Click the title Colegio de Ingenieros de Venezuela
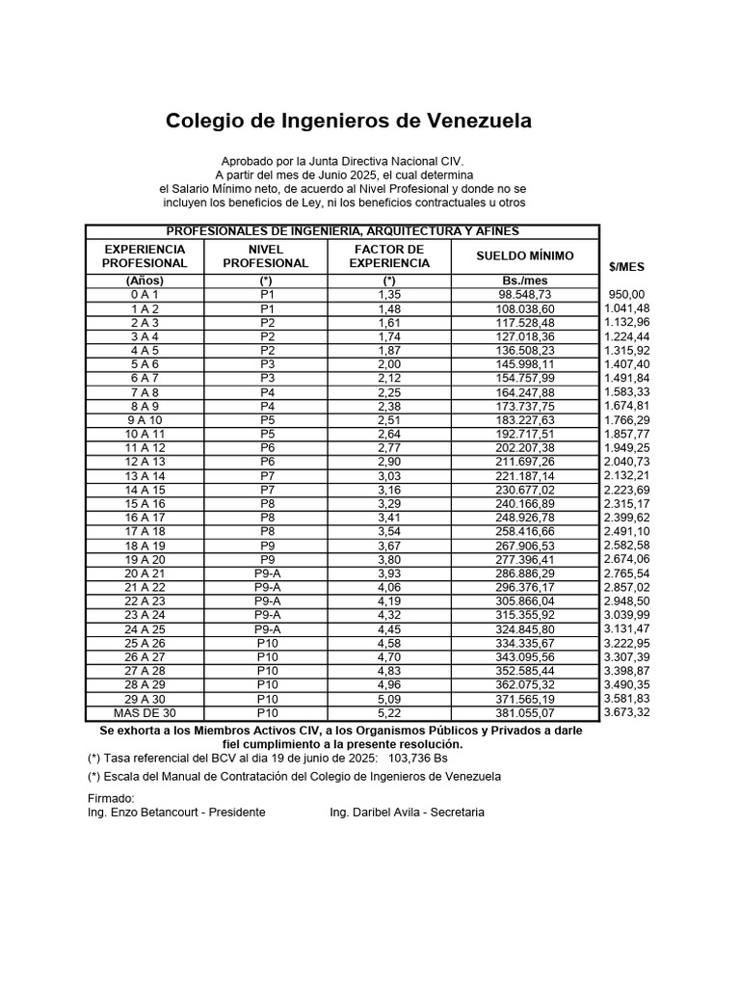click(348, 121)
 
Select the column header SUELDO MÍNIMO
click(525, 255)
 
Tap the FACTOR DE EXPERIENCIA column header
click(389, 255)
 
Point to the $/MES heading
click(626, 266)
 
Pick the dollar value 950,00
click(627, 294)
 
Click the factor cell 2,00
click(389, 364)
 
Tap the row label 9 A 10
click(145, 420)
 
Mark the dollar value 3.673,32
click(626, 712)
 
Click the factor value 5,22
click(389, 713)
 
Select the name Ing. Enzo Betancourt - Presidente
click(176, 813)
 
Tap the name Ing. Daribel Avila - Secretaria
click(407, 813)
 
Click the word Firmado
click(111, 798)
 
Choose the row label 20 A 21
click(145, 574)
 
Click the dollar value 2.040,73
click(626, 462)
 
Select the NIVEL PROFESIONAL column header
click(266, 255)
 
